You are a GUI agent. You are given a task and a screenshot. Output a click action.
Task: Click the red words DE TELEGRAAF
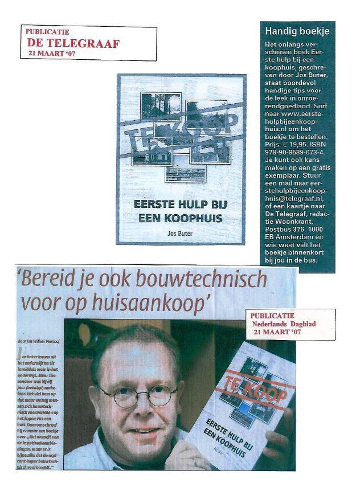tap(73, 43)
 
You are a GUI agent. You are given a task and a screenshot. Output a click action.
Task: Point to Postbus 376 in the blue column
tap(292, 228)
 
